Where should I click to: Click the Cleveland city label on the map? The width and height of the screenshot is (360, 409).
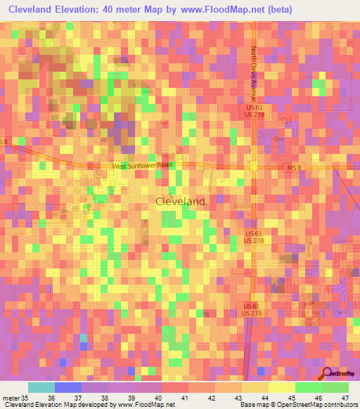180,201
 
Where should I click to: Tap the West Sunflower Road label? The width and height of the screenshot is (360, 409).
142,166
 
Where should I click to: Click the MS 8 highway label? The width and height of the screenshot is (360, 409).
294,167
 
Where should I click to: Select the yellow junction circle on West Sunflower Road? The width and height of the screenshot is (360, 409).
254,167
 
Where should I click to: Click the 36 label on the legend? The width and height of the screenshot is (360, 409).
69,397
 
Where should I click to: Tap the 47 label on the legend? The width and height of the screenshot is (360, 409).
345,397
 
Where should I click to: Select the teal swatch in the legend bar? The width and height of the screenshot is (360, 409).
41,387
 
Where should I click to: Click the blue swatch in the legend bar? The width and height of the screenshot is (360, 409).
68,387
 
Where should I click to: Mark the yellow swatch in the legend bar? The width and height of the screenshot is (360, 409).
282,387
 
